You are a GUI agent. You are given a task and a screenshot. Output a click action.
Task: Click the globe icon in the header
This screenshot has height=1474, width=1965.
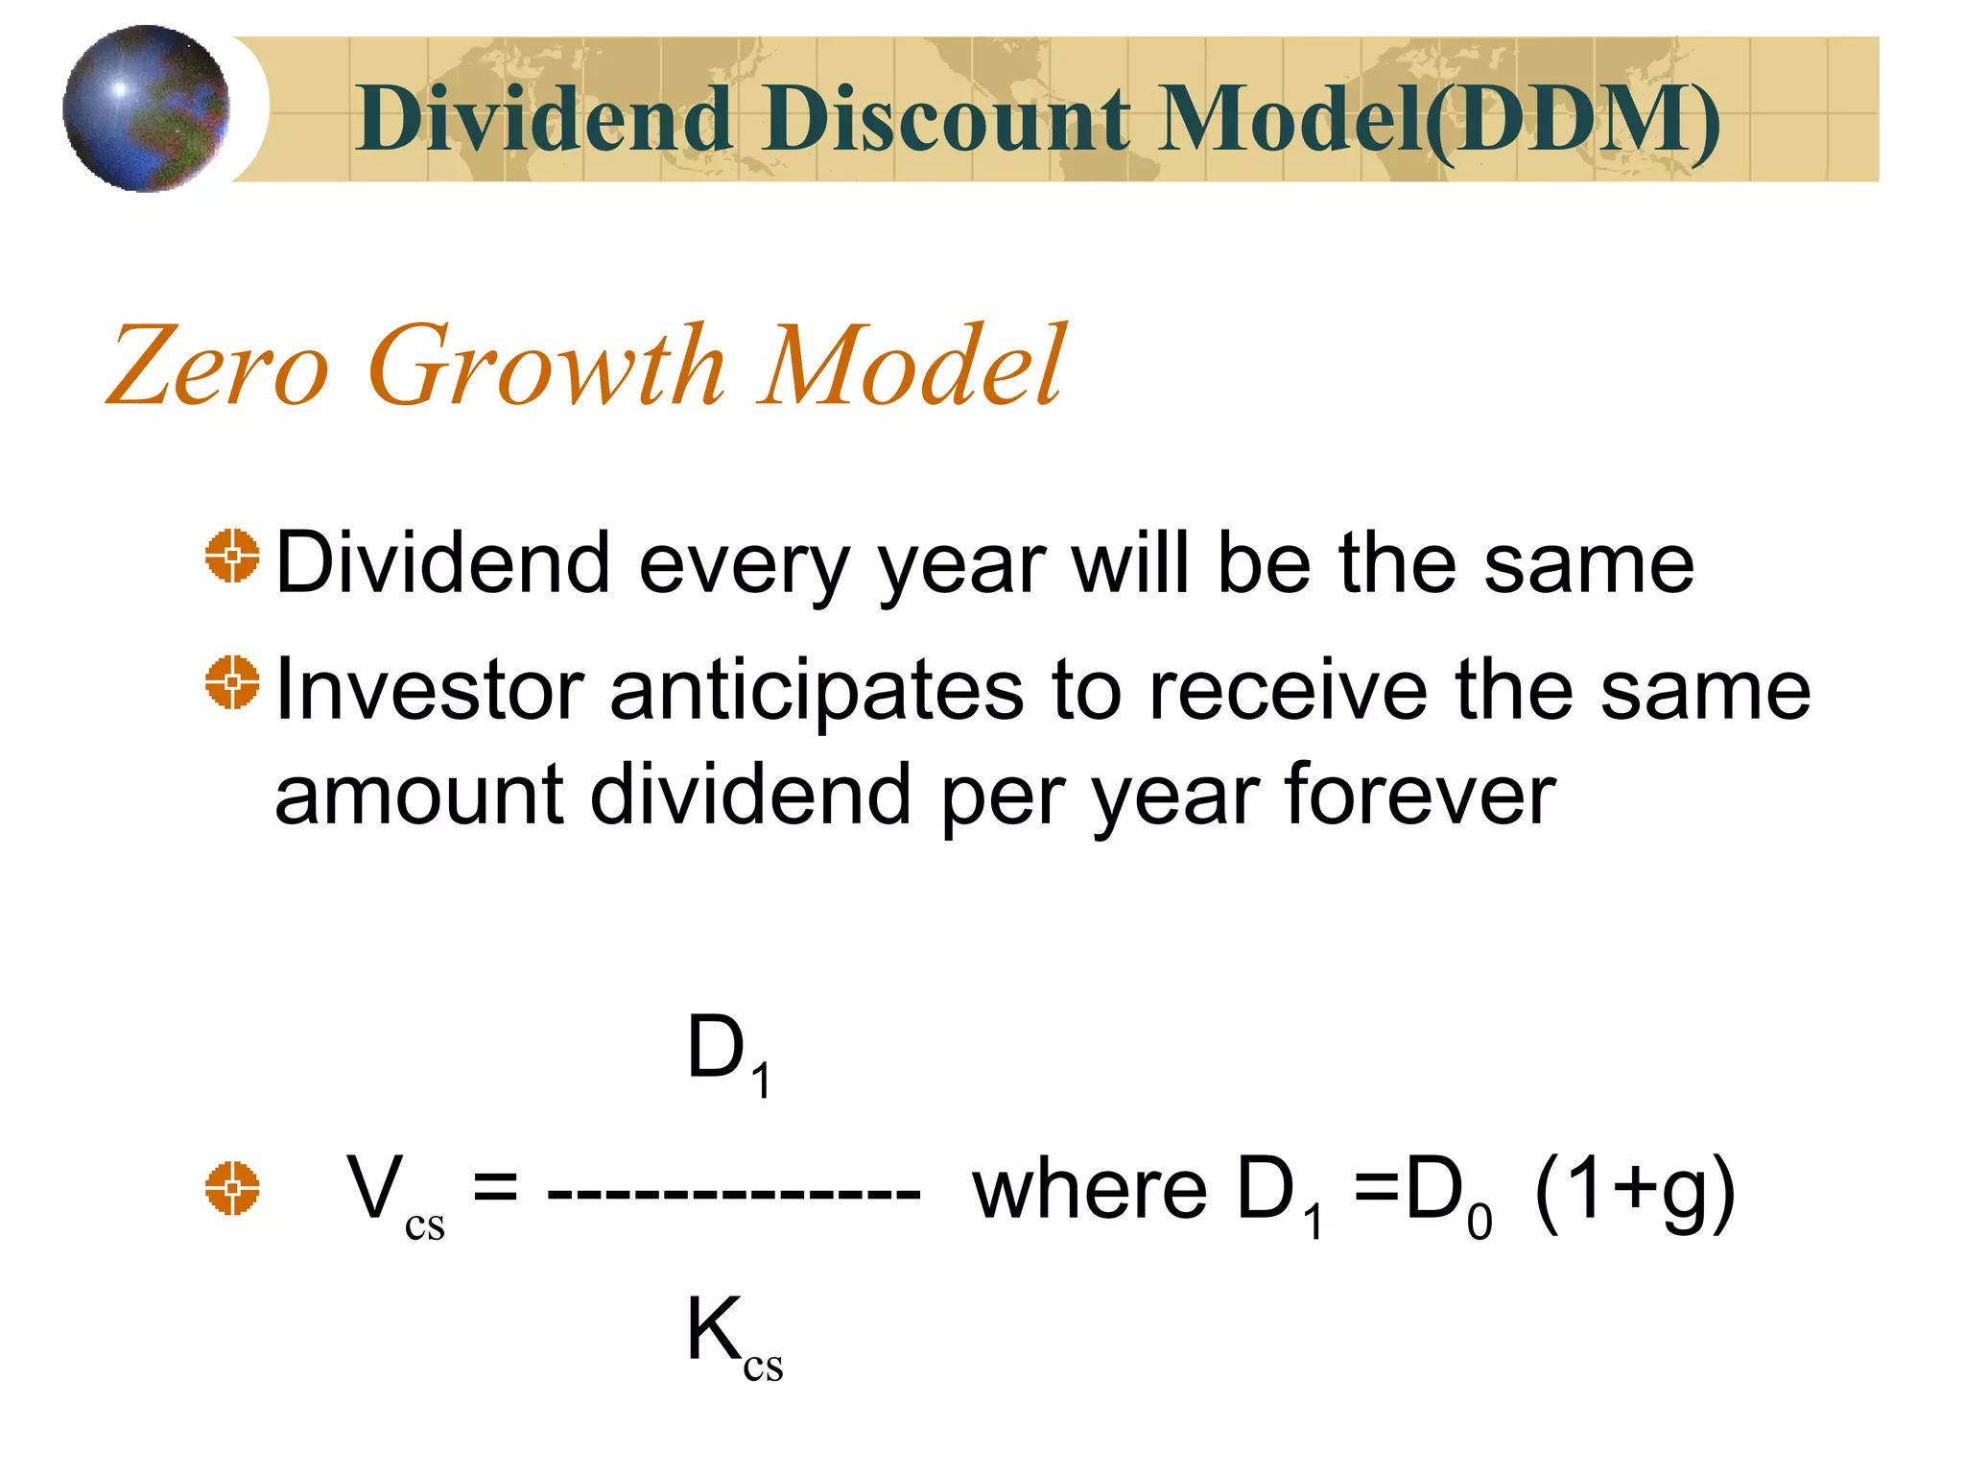[x=146, y=108]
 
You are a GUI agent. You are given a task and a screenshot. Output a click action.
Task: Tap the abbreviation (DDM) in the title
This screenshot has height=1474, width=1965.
[x=1574, y=121]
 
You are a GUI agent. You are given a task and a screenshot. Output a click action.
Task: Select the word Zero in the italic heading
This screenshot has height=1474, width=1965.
[x=218, y=367]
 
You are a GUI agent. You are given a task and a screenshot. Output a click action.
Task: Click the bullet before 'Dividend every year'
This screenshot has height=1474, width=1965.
[x=232, y=555]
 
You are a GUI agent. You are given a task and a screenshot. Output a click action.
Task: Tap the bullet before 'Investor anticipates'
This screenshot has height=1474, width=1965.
[x=232, y=682]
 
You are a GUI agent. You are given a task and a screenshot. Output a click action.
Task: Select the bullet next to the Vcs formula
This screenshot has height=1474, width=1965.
[x=232, y=1188]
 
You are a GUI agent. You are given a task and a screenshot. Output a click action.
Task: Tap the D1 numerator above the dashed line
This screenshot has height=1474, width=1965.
[x=728, y=1053]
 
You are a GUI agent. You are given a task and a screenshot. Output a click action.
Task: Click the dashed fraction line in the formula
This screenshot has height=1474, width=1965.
[x=734, y=1195]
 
